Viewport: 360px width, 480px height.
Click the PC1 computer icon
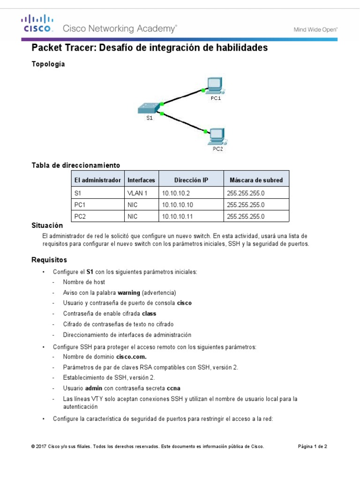click(x=215, y=86)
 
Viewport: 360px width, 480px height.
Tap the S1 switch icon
click(x=148, y=109)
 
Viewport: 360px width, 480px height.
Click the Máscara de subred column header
click(x=256, y=180)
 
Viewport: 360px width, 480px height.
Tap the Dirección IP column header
click(x=191, y=180)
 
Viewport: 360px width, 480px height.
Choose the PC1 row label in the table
click(x=80, y=205)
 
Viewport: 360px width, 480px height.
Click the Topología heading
click(x=48, y=64)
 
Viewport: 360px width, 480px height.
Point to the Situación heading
click(x=47, y=225)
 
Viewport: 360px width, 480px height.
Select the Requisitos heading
click(x=49, y=260)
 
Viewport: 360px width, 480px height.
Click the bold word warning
click(x=129, y=292)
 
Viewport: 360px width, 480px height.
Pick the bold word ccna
click(x=173, y=388)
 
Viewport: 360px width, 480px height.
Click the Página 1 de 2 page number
click(x=313, y=447)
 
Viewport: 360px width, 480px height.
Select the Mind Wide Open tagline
click(x=315, y=29)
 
